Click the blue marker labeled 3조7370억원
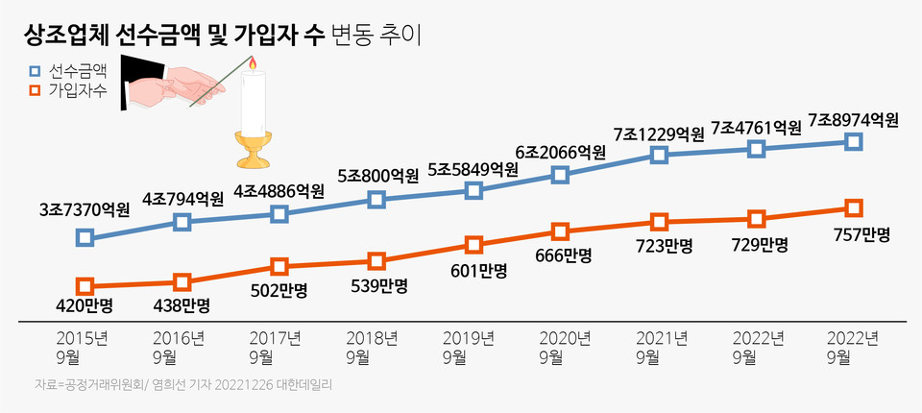[85, 236]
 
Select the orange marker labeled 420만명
[85, 286]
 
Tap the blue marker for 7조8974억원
[854, 141]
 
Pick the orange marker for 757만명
[854, 207]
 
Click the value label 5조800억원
[378, 177]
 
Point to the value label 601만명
[473, 271]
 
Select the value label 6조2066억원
[561, 152]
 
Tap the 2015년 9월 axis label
[83, 348]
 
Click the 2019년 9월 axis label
[469, 348]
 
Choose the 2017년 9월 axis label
[276, 348]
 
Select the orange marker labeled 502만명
[279, 265]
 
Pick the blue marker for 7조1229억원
[659, 155]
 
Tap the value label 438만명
[183, 305]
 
